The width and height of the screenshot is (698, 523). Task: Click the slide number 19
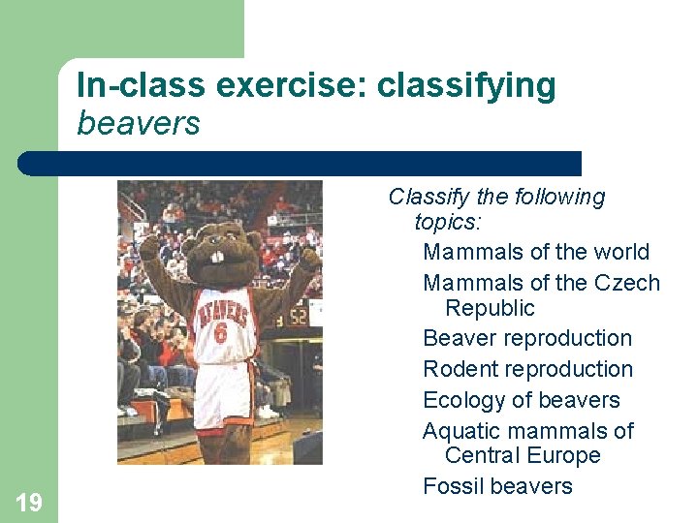pos(29,502)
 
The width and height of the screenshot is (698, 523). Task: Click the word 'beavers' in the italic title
pos(138,124)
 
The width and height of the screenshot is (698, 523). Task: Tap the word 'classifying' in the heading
pos(466,86)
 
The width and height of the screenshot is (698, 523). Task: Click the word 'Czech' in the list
pos(630,284)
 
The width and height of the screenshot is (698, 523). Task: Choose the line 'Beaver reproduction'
pos(526,338)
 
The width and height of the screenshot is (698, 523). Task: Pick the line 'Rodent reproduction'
pos(527,369)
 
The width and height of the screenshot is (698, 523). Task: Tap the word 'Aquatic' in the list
pos(460,431)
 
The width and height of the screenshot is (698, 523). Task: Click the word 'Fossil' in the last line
pos(453,486)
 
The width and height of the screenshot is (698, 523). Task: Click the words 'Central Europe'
pos(523,455)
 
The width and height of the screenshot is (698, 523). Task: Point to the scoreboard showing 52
pos(296,315)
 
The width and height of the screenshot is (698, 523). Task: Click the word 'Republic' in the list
pos(490,308)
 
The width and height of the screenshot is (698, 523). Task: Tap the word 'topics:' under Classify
pos(448,222)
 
